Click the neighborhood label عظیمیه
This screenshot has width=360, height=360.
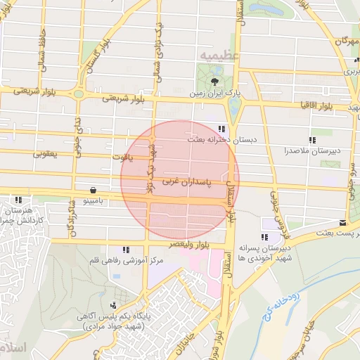click(219, 53)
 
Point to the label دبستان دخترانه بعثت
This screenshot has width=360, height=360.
click(222, 140)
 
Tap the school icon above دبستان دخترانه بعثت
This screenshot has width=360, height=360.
click(222, 129)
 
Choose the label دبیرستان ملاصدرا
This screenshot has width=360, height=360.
click(312, 150)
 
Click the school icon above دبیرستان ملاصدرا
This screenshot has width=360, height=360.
click(313, 139)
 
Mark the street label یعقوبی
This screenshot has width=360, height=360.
click(46, 153)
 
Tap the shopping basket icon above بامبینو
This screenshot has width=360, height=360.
click(94, 190)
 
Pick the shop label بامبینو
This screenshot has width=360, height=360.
click(94, 201)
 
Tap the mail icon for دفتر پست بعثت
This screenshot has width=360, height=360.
click(342, 221)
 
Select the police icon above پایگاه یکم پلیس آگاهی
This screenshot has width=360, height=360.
click(114, 306)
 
